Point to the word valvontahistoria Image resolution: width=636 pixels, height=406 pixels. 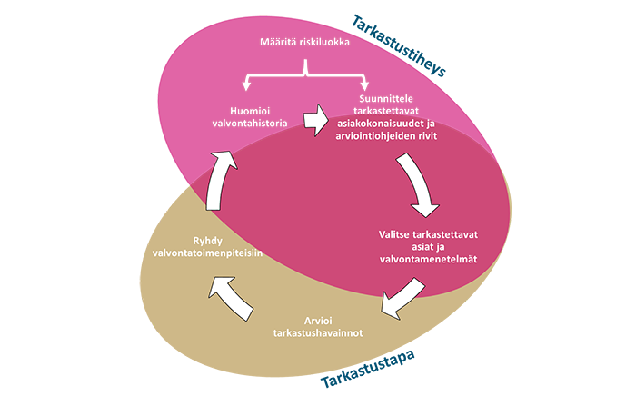click(247, 124)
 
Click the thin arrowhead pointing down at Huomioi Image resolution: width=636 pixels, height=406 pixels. click(247, 87)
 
